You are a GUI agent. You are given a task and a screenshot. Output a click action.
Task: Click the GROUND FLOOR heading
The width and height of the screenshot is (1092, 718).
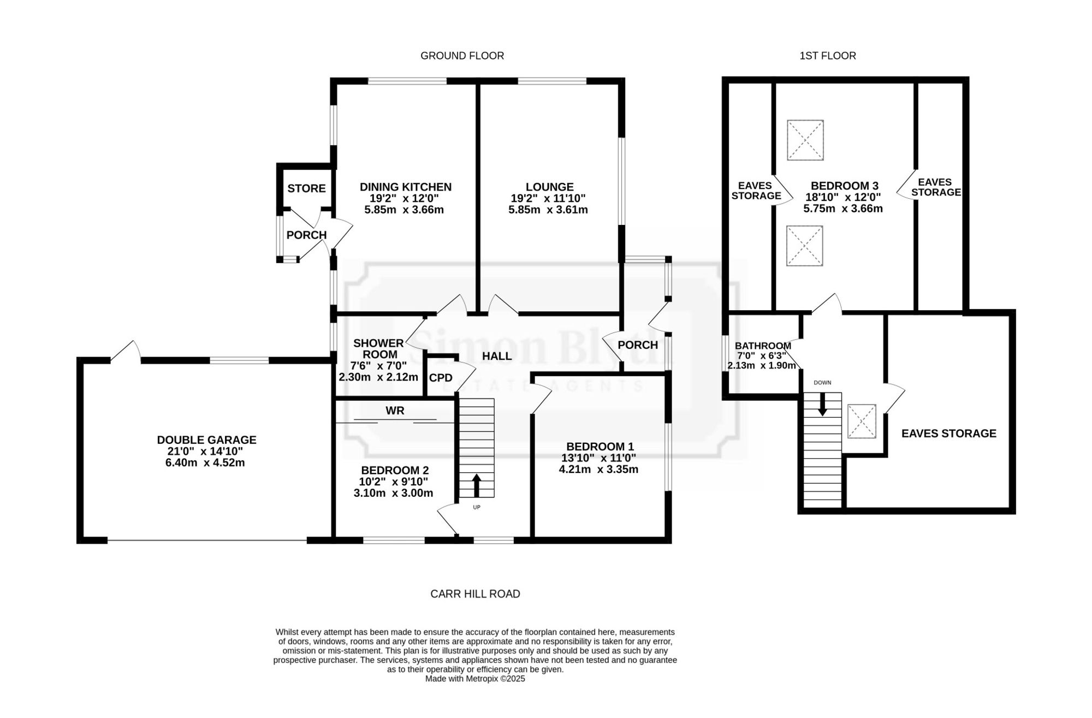tap(462, 56)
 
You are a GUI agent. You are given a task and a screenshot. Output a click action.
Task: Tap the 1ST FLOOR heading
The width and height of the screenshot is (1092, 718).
tap(828, 56)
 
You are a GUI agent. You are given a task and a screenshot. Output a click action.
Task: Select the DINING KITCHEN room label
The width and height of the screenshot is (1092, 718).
tap(406, 187)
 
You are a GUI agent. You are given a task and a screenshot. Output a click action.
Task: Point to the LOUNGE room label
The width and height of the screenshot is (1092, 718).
tap(550, 187)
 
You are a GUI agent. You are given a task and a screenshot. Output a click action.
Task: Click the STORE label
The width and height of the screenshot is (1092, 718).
tap(306, 188)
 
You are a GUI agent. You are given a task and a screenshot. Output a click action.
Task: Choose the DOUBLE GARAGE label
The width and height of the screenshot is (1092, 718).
tap(206, 440)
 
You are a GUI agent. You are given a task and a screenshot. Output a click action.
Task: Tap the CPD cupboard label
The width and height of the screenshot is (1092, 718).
tap(441, 378)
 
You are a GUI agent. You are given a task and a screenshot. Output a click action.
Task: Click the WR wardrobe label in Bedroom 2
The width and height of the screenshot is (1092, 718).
tap(395, 411)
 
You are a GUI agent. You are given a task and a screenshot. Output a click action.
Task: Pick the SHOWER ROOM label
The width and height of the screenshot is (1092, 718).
tap(378, 348)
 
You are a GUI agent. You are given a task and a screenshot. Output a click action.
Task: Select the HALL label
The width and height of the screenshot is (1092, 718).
tap(497, 356)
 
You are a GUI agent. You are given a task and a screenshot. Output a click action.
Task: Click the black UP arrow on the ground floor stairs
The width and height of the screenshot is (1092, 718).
tap(476, 485)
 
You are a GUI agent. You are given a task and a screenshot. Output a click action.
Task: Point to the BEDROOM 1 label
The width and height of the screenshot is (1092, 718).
tap(600, 447)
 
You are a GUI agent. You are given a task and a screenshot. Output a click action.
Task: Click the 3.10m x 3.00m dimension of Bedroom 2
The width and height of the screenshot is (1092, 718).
tap(393, 493)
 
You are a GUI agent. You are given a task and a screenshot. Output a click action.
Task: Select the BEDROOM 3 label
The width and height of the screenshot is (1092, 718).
tap(844, 186)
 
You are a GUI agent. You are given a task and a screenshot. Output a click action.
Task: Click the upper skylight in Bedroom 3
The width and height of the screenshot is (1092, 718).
tap(805, 140)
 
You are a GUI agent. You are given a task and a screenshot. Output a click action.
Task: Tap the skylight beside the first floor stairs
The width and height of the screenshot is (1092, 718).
tap(862, 421)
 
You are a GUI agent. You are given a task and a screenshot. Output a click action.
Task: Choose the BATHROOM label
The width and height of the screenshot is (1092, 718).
tap(763, 346)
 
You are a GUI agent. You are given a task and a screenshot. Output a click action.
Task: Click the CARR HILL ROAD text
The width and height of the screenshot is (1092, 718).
tap(475, 594)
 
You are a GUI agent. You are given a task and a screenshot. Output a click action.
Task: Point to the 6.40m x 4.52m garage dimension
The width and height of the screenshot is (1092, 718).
tap(205, 463)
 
